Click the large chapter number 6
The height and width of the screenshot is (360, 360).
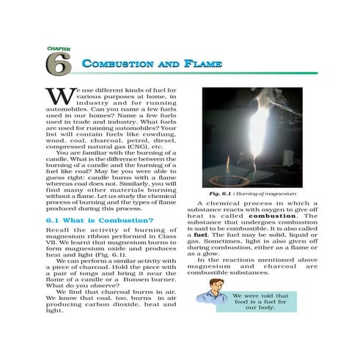point(58,65)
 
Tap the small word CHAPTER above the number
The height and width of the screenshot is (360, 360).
point(54,48)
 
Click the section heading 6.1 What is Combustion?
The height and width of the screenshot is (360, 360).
point(99,220)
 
